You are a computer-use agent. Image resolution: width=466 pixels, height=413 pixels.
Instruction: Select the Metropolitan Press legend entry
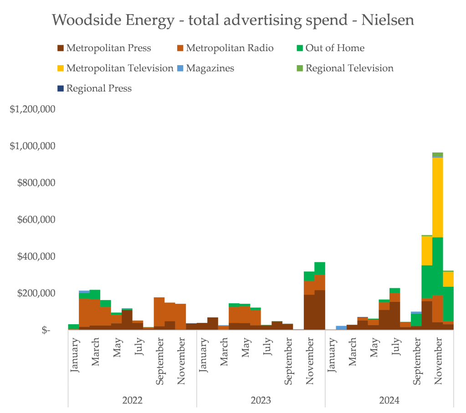coord(108,48)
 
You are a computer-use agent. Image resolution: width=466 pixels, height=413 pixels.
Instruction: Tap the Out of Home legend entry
coord(335,48)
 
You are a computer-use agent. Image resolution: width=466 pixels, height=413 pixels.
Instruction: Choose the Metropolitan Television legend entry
coord(120,68)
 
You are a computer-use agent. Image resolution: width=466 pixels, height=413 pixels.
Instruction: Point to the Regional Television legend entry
coord(349,68)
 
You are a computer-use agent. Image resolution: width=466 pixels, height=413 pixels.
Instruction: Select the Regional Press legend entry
coord(99,88)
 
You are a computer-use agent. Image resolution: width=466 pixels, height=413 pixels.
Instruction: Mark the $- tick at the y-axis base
coord(46,330)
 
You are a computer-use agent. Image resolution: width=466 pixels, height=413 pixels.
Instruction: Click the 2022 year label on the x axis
coord(132,401)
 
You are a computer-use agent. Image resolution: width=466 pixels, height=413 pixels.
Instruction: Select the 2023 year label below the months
coord(261,401)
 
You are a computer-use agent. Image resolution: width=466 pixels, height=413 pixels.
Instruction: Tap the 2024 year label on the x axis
coord(389,401)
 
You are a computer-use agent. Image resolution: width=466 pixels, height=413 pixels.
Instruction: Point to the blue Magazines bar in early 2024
coord(341,327)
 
